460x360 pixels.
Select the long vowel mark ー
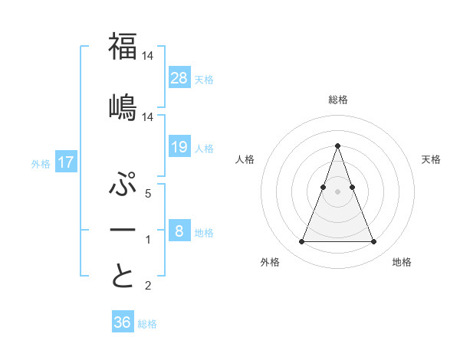(123, 231)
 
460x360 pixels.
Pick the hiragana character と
(123, 276)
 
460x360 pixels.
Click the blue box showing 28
(179, 77)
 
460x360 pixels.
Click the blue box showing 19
(179, 146)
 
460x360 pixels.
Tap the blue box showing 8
(179, 231)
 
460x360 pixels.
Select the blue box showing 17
(65, 162)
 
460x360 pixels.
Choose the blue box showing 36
(123, 322)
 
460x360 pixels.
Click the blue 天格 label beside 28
(204, 79)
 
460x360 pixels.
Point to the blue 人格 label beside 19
(204, 148)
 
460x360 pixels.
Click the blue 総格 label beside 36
(147, 324)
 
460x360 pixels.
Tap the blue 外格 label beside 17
(40, 164)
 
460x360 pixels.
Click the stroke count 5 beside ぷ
(149, 194)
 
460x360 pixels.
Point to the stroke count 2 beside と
(149, 286)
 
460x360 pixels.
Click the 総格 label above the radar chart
(337, 100)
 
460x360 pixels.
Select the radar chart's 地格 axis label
(402, 262)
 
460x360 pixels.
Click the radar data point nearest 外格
(301, 242)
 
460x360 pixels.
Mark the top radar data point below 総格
(337, 146)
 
